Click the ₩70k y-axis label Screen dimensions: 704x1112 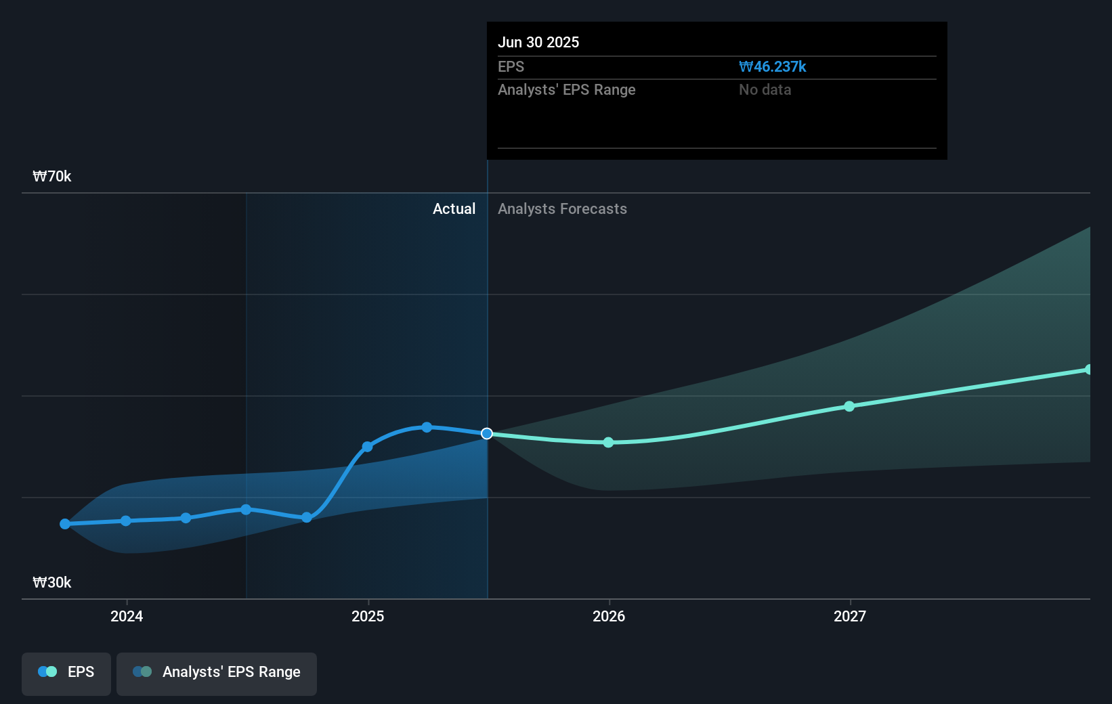click(x=52, y=177)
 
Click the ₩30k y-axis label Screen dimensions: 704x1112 click(x=52, y=583)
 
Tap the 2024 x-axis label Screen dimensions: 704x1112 click(x=127, y=616)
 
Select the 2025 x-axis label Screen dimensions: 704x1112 click(x=368, y=616)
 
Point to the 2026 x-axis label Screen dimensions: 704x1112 click(x=609, y=616)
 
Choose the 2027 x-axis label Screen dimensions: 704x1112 click(x=850, y=616)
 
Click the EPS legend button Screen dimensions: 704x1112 click(x=66, y=672)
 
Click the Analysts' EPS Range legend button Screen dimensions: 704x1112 click(x=217, y=672)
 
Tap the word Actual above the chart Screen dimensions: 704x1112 click(x=454, y=209)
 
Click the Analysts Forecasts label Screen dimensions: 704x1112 click(x=562, y=209)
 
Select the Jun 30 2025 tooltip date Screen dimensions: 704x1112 click(x=538, y=43)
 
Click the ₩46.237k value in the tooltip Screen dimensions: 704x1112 click(x=772, y=67)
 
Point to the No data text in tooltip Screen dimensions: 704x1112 click(x=765, y=90)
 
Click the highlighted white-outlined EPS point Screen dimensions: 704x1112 click(x=487, y=433)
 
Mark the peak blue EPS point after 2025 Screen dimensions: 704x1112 click(x=427, y=427)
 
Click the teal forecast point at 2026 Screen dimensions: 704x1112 click(x=608, y=442)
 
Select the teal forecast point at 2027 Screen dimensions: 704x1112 click(x=849, y=406)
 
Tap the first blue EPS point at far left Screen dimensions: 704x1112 click(x=65, y=524)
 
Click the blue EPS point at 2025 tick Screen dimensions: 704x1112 click(x=367, y=447)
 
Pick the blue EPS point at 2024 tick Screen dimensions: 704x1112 click(x=126, y=521)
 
